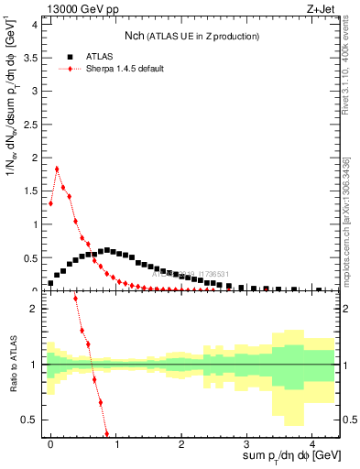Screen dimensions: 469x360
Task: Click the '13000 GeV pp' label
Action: pyautogui.click(x=77, y=8)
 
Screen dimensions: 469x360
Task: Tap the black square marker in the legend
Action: pyautogui.click(x=71, y=55)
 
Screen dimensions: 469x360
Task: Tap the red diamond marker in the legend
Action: pyautogui.click(x=71, y=69)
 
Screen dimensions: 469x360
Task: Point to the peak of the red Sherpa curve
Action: pyautogui.click(x=57, y=169)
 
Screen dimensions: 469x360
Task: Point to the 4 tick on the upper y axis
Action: pyautogui.click(x=35, y=24)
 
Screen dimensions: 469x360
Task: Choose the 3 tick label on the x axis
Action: pyautogui.click(x=246, y=442)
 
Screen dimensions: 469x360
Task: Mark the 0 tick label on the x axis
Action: pyautogui.click(x=50, y=442)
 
